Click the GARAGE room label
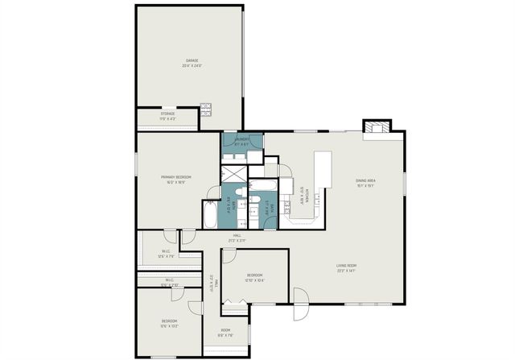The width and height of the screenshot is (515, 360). [x=192, y=62]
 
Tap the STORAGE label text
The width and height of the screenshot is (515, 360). [x=167, y=115]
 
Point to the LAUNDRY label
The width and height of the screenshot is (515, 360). [x=242, y=142]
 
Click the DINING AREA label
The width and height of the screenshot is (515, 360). [x=366, y=182]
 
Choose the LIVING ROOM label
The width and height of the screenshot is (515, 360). [x=346, y=268]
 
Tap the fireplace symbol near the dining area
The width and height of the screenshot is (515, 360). [x=375, y=127]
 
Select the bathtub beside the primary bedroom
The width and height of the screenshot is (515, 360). [x=211, y=213]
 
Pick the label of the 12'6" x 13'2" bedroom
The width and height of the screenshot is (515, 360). [x=169, y=323]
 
